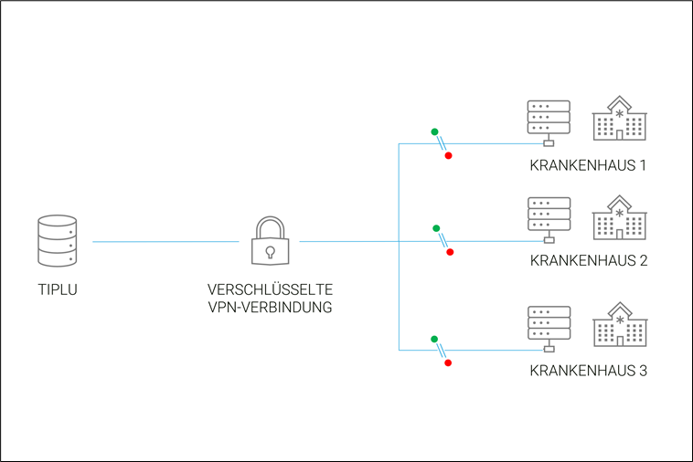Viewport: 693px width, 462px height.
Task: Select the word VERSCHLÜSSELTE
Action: pyautogui.click(x=270, y=290)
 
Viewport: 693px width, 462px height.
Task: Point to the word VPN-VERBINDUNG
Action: pyautogui.click(x=270, y=308)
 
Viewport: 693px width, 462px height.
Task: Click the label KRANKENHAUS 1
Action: pyautogui.click(x=588, y=167)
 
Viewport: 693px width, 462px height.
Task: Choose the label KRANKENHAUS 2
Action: pyautogui.click(x=588, y=261)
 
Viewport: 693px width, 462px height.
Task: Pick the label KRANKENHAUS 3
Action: pyautogui.click(x=588, y=372)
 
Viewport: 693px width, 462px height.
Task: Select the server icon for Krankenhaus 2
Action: pyautogui.click(x=549, y=219)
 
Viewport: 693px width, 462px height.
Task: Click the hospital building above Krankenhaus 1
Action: pyautogui.click(x=621, y=120)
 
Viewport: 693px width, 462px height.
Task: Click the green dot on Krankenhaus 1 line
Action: pyautogui.click(x=434, y=131)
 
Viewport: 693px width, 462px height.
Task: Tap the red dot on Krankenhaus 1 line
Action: pyautogui.click(x=448, y=156)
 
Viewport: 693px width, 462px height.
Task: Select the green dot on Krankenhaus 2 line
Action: pyautogui.click(x=436, y=228)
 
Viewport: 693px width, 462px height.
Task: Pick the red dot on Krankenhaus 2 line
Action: pyautogui.click(x=449, y=252)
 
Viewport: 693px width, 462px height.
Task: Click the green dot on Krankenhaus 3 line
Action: pyautogui.click(x=434, y=339)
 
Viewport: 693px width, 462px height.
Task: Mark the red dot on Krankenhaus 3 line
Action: pyautogui.click(x=448, y=362)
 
